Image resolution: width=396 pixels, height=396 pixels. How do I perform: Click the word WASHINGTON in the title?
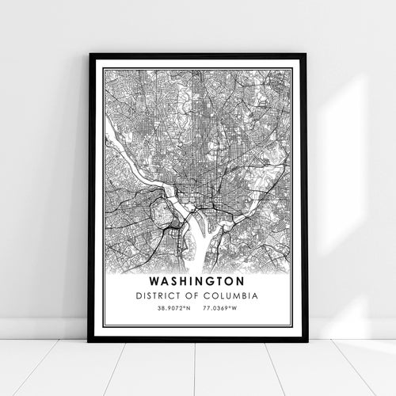197,280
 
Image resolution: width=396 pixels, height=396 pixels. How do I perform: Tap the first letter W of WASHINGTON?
151,280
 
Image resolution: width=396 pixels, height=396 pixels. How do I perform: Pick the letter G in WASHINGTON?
215,280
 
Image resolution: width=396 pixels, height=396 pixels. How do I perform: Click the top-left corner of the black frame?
90,55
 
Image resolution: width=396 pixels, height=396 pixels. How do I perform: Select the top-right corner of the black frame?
306,55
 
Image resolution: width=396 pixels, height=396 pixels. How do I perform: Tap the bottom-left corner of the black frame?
89,341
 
